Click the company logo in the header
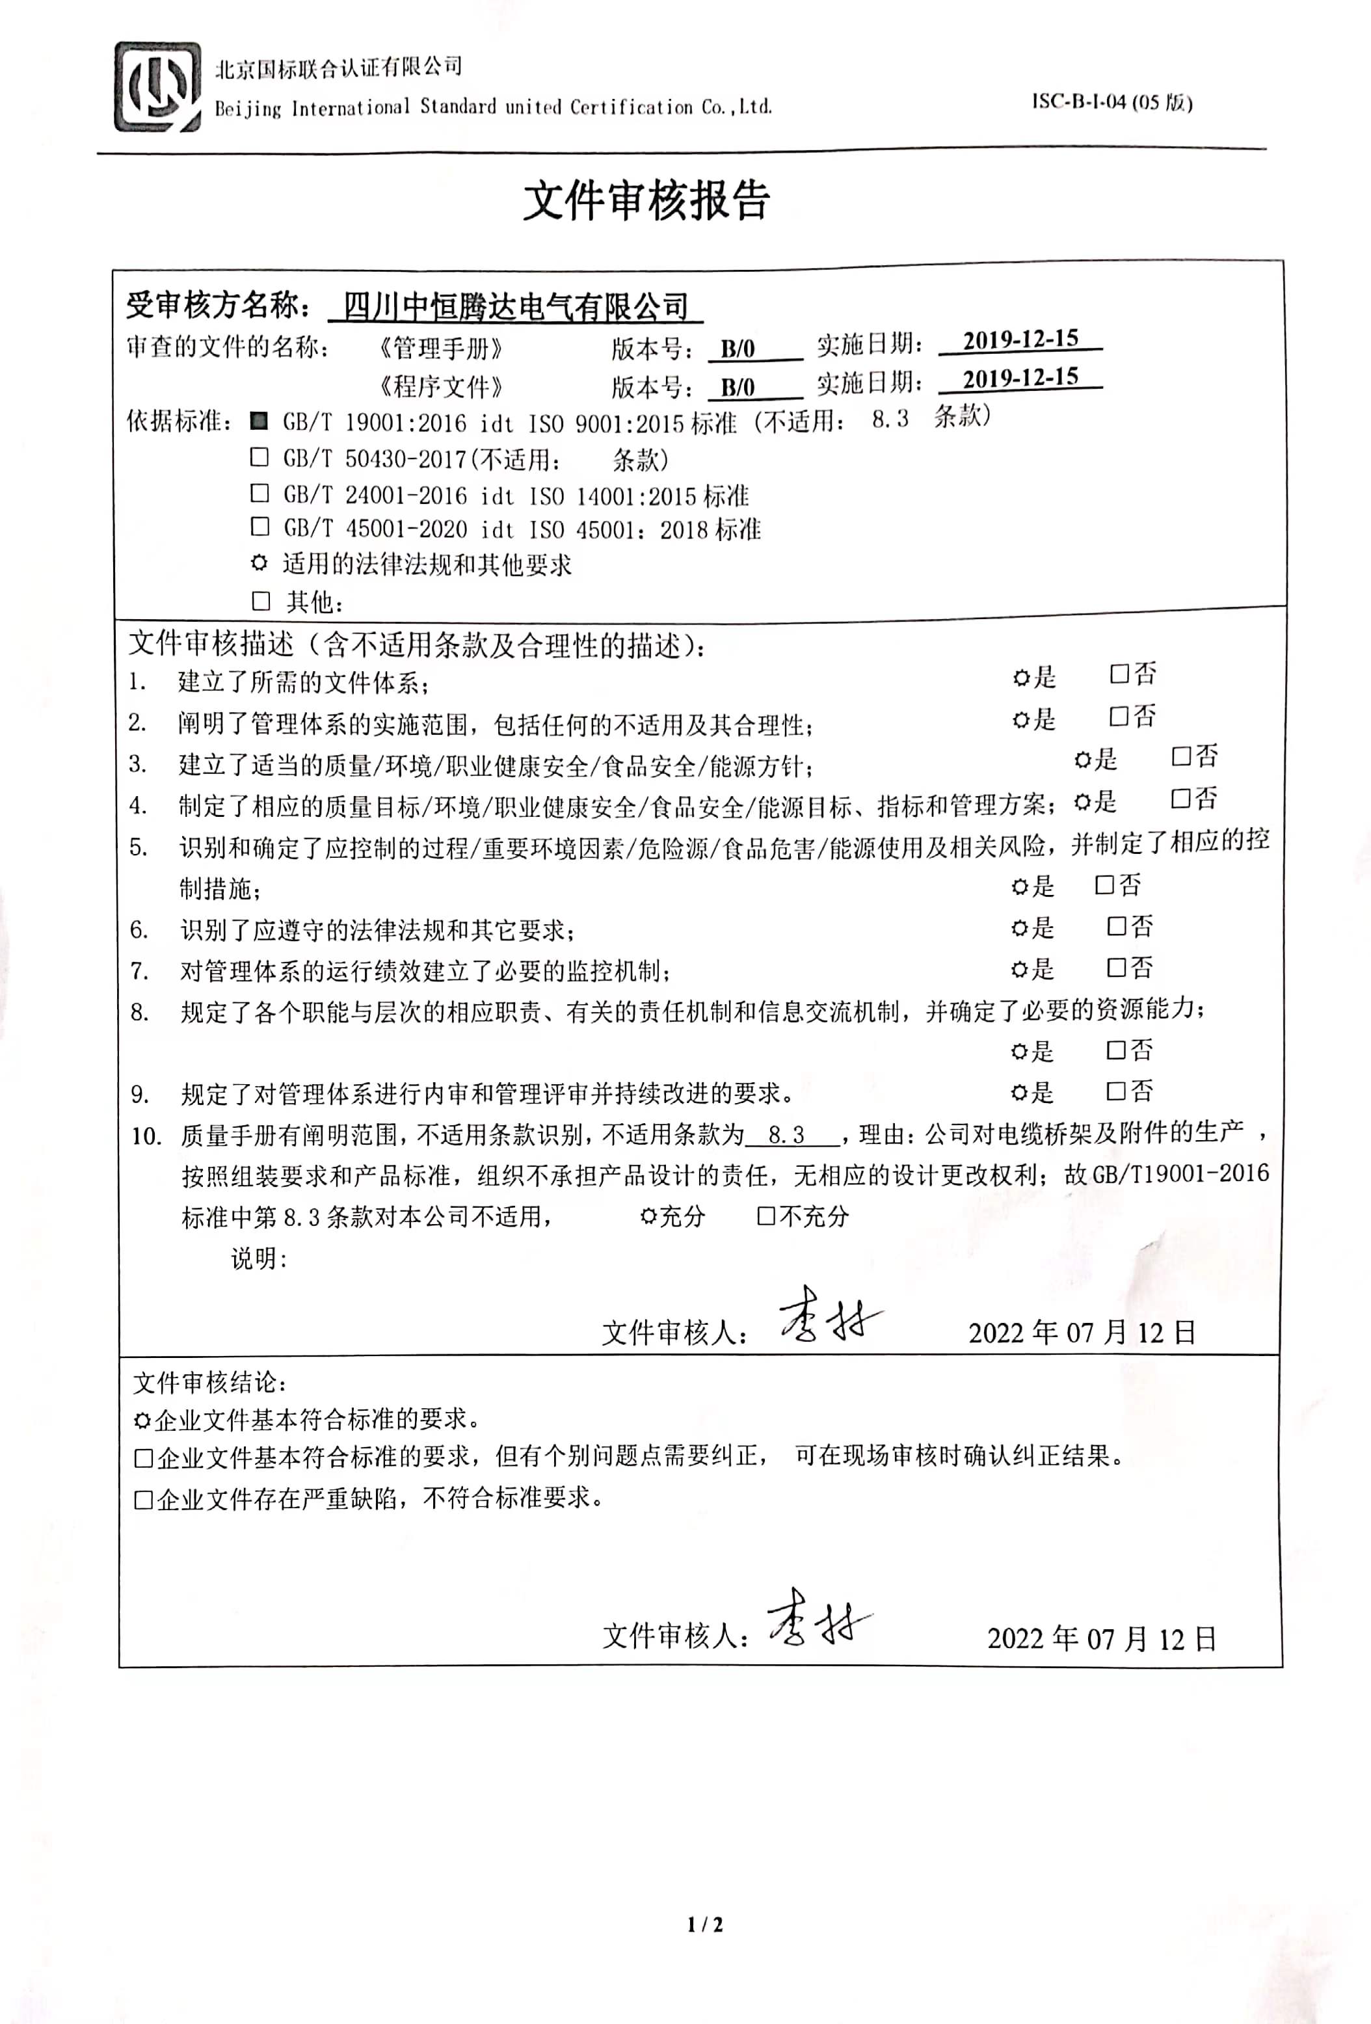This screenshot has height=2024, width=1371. [157, 87]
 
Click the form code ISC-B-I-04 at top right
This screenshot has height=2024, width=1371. [1111, 102]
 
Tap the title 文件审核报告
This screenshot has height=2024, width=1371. [646, 201]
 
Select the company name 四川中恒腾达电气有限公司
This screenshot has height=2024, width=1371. [516, 306]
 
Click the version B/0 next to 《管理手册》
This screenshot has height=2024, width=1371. [737, 349]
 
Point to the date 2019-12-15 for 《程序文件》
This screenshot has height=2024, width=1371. [1020, 377]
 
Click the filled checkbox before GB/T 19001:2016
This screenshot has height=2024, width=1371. [259, 421]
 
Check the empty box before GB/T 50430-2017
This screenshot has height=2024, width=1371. [260, 457]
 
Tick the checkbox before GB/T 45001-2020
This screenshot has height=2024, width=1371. [260, 527]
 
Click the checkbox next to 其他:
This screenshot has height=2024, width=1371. [260, 601]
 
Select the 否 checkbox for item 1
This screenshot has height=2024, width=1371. [1119, 673]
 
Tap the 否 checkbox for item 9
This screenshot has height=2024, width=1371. [1116, 1091]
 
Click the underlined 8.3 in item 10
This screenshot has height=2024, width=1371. [786, 1136]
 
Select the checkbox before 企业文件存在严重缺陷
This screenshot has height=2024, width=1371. [144, 1500]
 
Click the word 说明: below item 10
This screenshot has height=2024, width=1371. [259, 1258]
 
